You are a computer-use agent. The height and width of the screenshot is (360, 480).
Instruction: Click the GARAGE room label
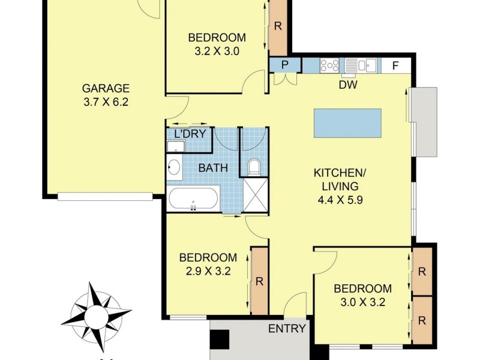[106, 89]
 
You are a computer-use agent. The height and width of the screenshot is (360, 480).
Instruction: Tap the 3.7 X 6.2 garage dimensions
[106, 102]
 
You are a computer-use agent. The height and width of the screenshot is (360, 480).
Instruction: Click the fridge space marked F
[396, 65]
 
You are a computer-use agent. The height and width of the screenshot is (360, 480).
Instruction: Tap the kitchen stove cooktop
[329, 65]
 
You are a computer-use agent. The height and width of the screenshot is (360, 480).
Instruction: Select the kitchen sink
[360, 65]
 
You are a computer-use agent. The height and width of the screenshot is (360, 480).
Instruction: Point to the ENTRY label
[287, 328]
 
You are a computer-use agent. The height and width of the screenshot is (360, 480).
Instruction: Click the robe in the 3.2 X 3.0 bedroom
[278, 26]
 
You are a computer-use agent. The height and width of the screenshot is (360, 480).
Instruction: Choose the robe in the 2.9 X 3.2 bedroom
[259, 280]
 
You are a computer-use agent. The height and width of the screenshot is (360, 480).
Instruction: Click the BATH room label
[213, 167]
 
